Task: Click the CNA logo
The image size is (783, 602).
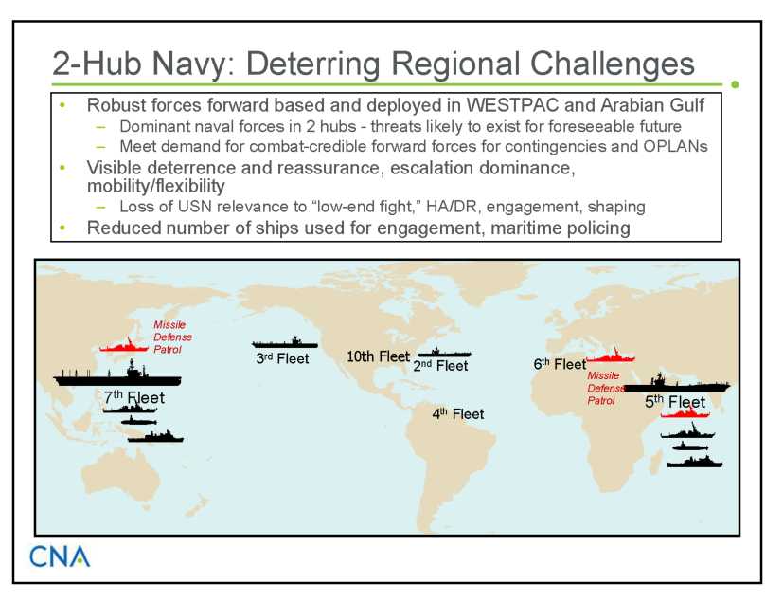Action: point(60,556)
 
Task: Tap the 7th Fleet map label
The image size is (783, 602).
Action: point(133,397)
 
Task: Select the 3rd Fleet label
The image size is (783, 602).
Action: point(283,358)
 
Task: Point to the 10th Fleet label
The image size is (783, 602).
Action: point(378,356)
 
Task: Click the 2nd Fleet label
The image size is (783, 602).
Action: point(441,366)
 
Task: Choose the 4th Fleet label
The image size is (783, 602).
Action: point(458,414)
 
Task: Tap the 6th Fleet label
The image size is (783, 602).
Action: point(560,364)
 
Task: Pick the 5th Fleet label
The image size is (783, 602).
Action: point(675,402)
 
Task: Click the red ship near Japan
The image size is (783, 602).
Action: point(124,345)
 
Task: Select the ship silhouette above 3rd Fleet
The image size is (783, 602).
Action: point(285,342)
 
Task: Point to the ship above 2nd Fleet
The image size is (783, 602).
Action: point(444,352)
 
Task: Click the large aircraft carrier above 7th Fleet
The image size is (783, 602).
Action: point(117,375)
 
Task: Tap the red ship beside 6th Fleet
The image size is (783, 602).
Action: point(611,356)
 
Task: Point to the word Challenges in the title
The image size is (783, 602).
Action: point(613,64)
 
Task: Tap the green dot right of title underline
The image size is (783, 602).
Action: point(735,84)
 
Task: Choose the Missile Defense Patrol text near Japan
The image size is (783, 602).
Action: point(172,337)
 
